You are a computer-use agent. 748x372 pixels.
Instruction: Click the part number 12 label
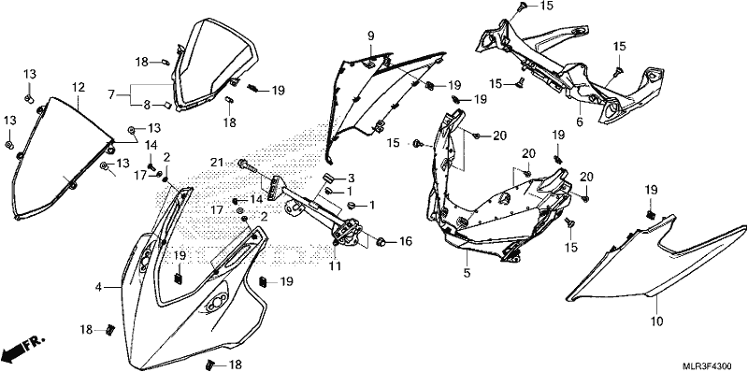[79, 87]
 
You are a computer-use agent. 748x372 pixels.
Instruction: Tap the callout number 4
[98, 287]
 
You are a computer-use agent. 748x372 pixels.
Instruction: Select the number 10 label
[657, 322]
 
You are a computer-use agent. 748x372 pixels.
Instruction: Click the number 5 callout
[467, 273]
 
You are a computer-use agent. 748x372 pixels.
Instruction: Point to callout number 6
[580, 122]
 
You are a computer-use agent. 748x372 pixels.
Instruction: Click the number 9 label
[370, 36]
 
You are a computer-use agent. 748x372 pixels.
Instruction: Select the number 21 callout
[217, 164]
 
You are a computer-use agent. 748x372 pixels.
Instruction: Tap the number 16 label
[405, 242]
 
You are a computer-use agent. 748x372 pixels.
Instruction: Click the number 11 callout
[336, 265]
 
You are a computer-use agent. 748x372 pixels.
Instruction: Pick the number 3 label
[352, 179]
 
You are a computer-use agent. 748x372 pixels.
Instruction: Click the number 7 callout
[111, 94]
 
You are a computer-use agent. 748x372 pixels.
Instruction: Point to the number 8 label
[148, 105]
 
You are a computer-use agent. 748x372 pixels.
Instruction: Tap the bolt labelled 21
[247, 165]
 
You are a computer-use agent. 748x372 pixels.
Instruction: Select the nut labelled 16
[381, 242]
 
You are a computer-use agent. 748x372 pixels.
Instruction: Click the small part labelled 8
[168, 105]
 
